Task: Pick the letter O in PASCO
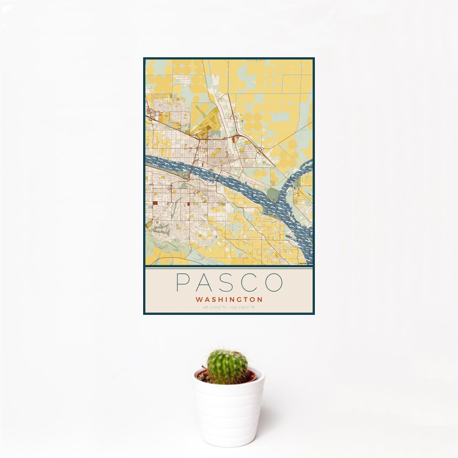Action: pos(274,282)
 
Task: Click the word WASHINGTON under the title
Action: pos(229,299)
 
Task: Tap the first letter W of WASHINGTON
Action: pos(199,299)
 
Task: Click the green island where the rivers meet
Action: pos(272,194)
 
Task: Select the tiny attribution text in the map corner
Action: pos(306,263)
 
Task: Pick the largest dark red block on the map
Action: pos(155,203)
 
